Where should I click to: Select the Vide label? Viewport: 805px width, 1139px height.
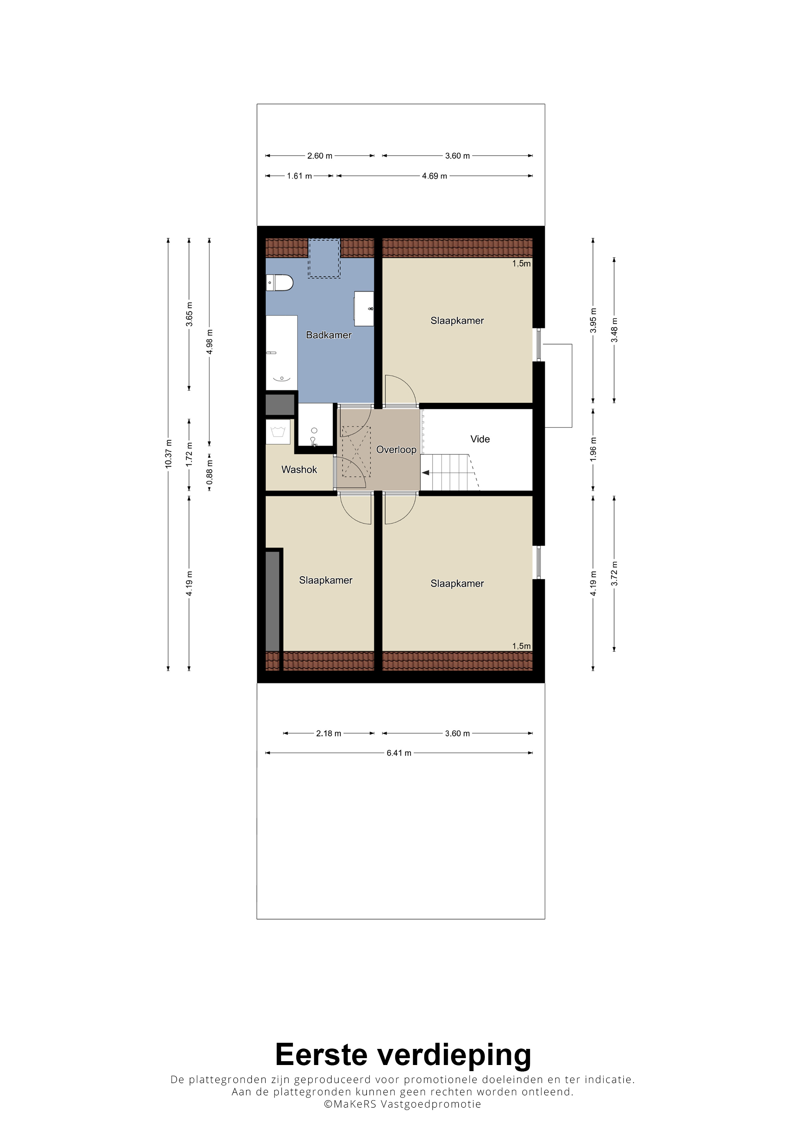tap(480, 439)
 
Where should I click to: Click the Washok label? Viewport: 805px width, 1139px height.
tap(299, 469)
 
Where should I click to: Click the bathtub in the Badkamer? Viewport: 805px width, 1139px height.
tap(281, 353)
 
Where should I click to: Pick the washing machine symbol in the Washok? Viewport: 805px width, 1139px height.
tap(278, 432)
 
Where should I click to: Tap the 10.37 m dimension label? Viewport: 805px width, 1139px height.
tap(169, 454)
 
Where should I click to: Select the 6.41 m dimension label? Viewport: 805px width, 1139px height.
tap(399, 753)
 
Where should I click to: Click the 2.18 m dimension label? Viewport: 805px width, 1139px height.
tap(329, 733)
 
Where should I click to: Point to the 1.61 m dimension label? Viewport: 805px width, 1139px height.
tap(299, 176)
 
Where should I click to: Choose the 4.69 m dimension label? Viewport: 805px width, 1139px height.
tap(434, 176)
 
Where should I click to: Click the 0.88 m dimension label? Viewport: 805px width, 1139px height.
tap(210, 472)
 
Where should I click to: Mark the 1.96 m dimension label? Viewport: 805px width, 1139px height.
tap(593, 449)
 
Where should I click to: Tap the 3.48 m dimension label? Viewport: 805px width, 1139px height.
tap(614, 330)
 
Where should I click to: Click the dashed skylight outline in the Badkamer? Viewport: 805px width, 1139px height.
tap(324, 258)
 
